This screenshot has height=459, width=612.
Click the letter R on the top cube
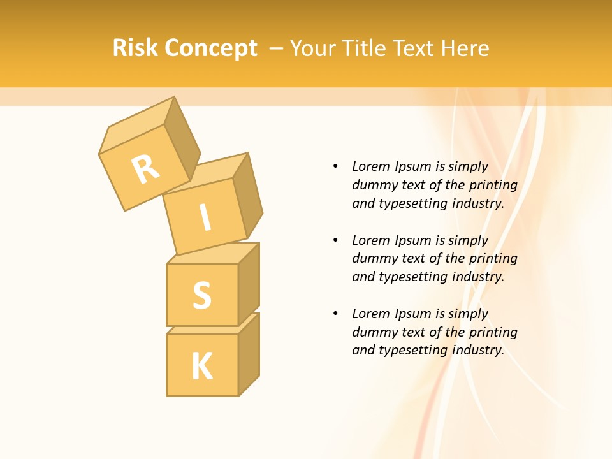pos(145,169)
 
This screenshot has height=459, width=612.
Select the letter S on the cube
pos(202,295)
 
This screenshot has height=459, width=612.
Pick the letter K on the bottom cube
pos(202,366)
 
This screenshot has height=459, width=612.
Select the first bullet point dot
pos(335,166)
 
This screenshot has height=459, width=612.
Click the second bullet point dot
pos(335,240)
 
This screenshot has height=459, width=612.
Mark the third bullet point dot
pos(335,314)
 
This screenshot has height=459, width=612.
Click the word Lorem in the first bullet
pos(371,166)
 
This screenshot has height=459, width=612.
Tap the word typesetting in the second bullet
pos(415,277)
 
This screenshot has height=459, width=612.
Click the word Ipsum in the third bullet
pos(414,314)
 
